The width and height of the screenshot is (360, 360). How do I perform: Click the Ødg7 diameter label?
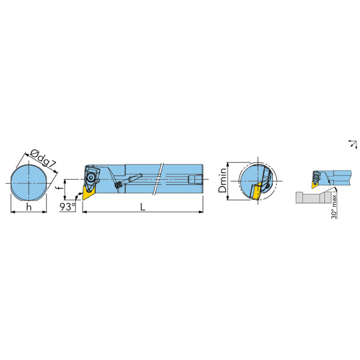43,158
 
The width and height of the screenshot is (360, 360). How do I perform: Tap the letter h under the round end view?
29,207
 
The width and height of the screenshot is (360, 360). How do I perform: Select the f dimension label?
60,188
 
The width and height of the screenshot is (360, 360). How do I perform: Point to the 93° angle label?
68,207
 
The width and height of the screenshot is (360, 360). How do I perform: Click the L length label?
143,207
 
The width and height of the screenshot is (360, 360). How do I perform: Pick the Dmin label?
222,181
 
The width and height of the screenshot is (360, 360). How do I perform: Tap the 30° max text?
334,207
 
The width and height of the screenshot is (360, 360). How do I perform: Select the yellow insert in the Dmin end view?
255,191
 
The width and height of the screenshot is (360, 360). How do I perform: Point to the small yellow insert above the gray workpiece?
314,184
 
